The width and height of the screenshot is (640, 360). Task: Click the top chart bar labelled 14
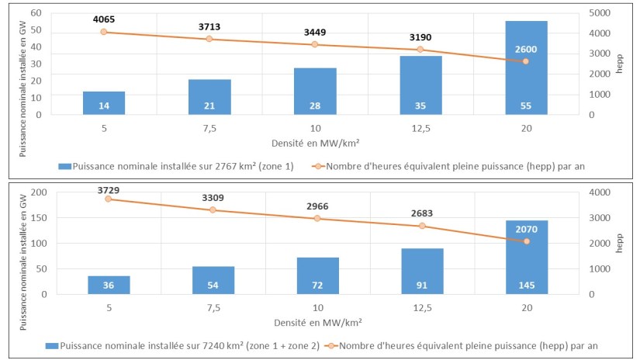(x=103, y=103)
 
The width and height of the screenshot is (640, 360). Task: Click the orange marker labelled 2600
(x=526, y=61)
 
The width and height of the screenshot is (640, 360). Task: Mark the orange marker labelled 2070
(x=526, y=241)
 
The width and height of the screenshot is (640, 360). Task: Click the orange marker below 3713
(x=209, y=39)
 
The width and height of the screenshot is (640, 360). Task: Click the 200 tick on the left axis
(x=40, y=192)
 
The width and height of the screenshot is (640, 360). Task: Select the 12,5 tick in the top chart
(x=420, y=128)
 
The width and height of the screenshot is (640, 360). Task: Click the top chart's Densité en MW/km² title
(x=315, y=144)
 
